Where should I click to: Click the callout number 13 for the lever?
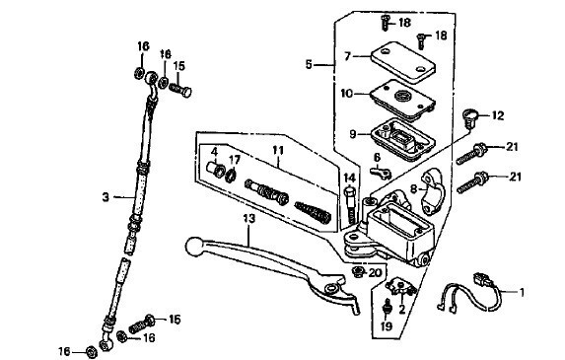tap(249, 218)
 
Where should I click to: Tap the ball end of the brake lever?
tap(194, 247)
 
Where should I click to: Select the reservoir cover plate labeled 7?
tap(403, 61)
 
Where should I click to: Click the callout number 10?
tap(347, 94)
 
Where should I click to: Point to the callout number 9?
tap(353, 134)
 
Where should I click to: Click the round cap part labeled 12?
tap(469, 117)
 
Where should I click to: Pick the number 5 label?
tap(309, 65)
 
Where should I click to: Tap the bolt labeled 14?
tap(351, 204)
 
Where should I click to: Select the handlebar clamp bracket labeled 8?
tap(434, 191)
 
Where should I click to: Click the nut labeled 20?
tap(359, 271)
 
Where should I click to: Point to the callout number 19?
tap(386, 326)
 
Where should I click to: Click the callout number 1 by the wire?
tap(522, 292)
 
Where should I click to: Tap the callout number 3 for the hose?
tap(106, 197)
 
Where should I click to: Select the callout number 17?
tap(234, 159)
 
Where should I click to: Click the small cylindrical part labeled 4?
tap(215, 169)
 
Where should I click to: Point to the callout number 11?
tap(278, 150)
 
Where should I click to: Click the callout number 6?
tap(377, 158)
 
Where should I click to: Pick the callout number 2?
tap(402, 309)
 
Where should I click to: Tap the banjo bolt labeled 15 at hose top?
tap(180, 90)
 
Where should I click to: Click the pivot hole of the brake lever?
tap(331, 288)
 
